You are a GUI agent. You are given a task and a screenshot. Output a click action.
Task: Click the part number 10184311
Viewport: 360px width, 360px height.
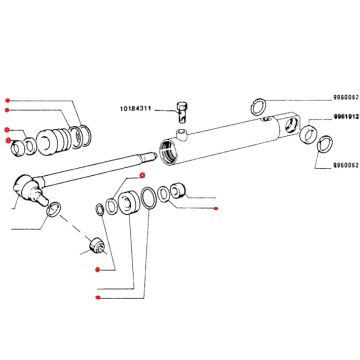[x=136, y=109]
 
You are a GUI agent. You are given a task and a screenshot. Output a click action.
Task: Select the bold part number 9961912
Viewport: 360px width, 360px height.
[x=346, y=117]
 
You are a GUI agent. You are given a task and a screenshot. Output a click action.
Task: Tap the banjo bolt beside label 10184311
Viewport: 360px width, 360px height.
[x=181, y=112]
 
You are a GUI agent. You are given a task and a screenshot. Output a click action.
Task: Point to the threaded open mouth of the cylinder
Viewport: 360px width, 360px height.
[x=168, y=151]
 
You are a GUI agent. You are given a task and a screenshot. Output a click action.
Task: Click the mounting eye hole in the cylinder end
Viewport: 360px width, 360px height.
[x=290, y=125]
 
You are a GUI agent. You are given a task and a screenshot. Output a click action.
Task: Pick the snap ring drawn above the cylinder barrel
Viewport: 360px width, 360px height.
[x=258, y=107]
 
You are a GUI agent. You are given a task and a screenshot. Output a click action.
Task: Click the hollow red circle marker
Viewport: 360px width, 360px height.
[x=142, y=175]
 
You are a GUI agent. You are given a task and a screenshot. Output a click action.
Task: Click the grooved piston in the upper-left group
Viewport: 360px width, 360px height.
[x=54, y=141]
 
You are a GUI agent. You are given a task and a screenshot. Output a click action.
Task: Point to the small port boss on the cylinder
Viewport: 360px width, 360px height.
[x=182, y=134]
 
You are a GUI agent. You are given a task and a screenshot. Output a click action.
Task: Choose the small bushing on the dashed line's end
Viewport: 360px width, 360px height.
[x=97, y=245]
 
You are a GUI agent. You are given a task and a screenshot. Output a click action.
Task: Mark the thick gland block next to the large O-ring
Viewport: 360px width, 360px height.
[x=129, y=204]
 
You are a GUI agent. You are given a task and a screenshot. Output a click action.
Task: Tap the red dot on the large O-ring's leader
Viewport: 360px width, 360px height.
[x=98, y=297]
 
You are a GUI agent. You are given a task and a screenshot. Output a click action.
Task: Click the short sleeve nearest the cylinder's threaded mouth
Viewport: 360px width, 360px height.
[x=177, y=191]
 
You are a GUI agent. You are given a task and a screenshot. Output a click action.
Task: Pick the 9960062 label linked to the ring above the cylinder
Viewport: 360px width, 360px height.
[x=346, y=98]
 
